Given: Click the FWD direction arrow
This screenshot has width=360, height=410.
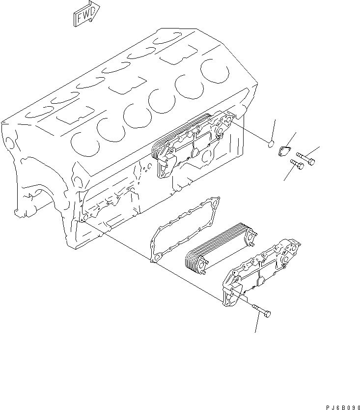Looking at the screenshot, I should (86, 13).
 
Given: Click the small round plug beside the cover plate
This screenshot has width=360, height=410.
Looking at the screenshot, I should (270, 144).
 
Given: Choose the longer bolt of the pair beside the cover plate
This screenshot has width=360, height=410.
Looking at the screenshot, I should (305, 158).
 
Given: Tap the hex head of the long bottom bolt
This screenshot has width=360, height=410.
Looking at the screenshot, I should (268, 314).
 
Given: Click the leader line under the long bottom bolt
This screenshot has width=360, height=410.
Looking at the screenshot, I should (256, 324).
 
